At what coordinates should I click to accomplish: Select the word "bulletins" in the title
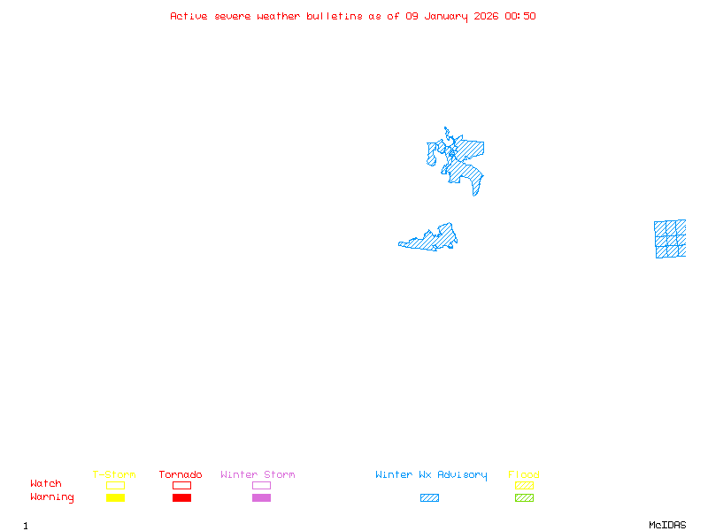click(334, 16)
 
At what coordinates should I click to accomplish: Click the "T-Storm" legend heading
click(114, 475)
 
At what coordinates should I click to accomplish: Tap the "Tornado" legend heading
click(181, 475)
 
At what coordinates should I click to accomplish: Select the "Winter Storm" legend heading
click(258, 475)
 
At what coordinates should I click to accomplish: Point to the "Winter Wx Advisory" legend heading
click(431, 475)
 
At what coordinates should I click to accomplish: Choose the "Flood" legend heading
click(524, 475)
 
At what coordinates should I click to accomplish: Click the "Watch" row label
click(46, 484)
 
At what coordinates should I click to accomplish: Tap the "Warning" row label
click(52, 497)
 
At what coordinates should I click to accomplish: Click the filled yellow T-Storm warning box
click(115, 498)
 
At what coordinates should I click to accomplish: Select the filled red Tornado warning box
click(181, 498)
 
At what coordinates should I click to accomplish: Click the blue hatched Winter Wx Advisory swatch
click(429, 498)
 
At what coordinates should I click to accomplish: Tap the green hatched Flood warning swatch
click(524, 498)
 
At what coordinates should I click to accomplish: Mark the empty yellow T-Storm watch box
click(115, 485)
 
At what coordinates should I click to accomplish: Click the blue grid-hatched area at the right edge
click(670, 239)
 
